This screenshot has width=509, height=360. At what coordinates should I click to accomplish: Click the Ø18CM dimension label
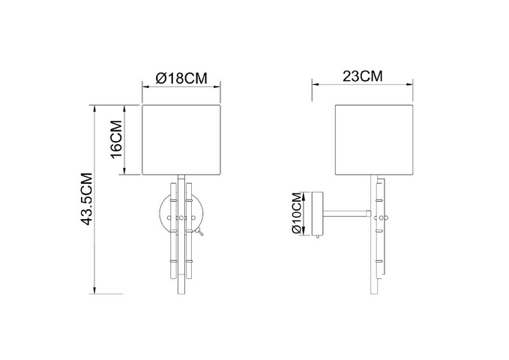click(x=181, y=78)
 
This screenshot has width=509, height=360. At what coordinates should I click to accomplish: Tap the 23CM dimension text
click(x=363, y=76)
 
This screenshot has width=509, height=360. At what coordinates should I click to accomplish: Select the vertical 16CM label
click(x=116, y=139)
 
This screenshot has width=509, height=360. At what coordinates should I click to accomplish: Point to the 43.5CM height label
click(x=87, y=199)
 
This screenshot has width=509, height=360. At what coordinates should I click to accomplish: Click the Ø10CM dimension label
click(x=297, y=213)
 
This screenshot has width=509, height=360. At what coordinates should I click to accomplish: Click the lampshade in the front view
click(x=181, y=139)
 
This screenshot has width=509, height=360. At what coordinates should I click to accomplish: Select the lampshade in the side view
click(x=374, y=139)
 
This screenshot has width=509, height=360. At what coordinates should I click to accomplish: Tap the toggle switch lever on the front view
click(x=199, y=232)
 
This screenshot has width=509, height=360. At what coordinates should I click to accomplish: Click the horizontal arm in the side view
click(x=346, y=214)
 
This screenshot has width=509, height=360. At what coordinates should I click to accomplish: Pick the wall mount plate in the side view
click(x=318, y=214)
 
